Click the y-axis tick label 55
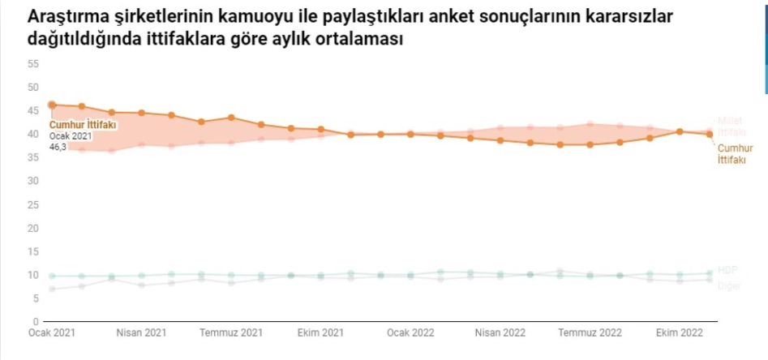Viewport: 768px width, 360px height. click(33, 63)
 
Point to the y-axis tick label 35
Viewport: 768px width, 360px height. click(33, 157)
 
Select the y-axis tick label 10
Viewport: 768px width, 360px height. click(33, 275)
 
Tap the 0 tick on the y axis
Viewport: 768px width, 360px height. click(36, 322)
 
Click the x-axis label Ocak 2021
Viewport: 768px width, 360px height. click(52, 332)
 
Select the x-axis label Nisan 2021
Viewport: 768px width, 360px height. click(141, 332)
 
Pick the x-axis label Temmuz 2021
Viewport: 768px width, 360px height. click(231, 332)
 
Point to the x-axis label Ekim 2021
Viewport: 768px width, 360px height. click(321, 332)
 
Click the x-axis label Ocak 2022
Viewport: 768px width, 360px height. click(410, 332)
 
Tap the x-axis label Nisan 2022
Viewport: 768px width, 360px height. click(500, 332)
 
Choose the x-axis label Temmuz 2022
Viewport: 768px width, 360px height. click(590, 332)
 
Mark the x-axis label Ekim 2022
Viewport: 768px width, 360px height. click(680, 332)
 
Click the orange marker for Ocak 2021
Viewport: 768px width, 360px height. click(52, 105)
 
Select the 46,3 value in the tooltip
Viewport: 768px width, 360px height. click(58, 148)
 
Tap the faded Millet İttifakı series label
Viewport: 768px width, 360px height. click(732, 126)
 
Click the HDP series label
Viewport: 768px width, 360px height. click(727, 270)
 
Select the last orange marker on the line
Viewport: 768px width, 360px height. click(710, 134)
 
